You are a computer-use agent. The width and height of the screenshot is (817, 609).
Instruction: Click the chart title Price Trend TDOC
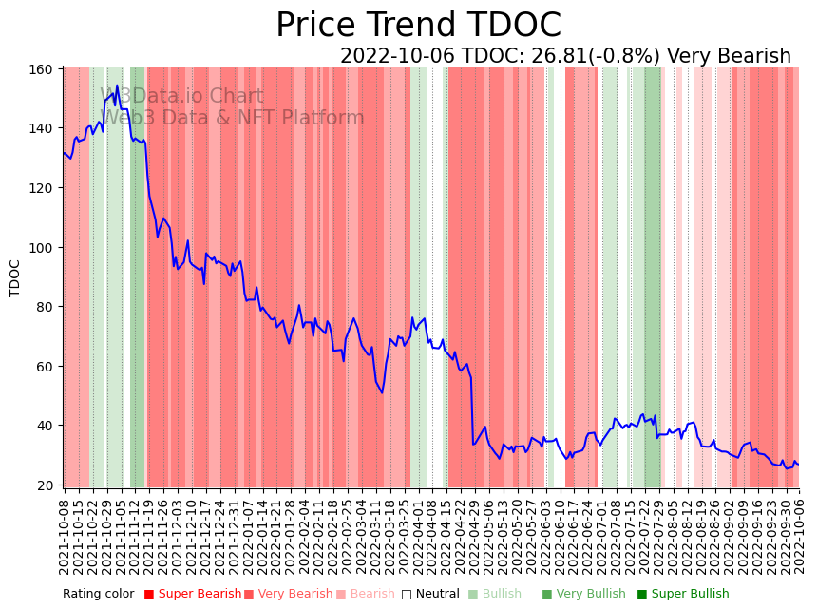(x=418, y=26)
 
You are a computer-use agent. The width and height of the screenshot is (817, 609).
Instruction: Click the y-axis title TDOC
(x=15, y=277)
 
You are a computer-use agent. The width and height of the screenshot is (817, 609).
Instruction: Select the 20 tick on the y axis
(x=46, y=485)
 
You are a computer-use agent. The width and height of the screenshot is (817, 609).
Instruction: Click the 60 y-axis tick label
(x=46, y=367)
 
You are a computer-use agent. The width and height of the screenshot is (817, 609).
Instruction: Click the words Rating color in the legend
(x=99, y=595)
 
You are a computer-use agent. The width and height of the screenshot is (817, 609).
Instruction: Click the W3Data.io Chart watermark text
(x=181, y=96)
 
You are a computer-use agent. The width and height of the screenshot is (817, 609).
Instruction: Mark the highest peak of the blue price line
(x=117, y=86)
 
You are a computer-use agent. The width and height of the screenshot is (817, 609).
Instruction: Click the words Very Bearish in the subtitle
(x=729, y=56)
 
